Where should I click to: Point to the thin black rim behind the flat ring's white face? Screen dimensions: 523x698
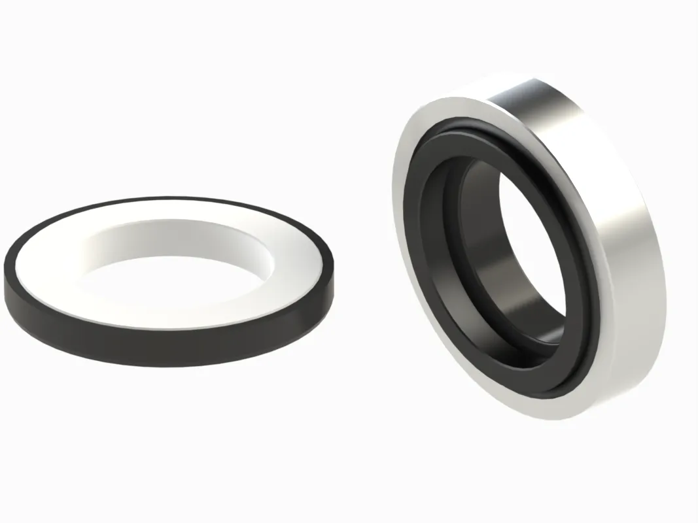(x=170, y=200)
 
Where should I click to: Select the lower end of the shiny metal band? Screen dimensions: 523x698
(x=628, y=373)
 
